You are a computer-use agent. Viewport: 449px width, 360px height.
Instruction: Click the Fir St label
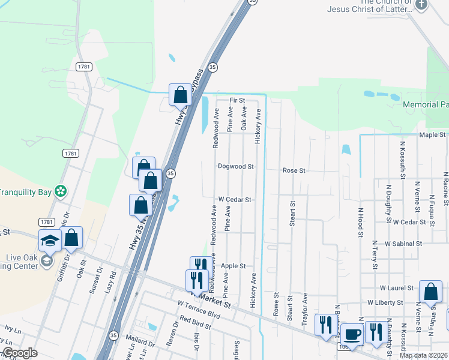coord(238,100)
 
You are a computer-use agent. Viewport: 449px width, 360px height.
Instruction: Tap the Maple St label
coord(432,135)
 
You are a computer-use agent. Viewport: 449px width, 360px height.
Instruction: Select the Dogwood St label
coord(236,166)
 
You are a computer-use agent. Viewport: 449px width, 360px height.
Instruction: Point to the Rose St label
coord(294,170)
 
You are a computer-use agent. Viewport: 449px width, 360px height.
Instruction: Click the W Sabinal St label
coord(404,244)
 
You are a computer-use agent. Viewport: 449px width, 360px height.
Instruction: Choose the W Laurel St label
coord(397,288)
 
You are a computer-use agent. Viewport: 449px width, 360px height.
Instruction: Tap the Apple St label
coord(234,266)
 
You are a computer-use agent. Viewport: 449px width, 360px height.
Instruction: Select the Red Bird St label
coord(193,322)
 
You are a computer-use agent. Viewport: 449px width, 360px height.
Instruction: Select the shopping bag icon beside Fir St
coord(180,95)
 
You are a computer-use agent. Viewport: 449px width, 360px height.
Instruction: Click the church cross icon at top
coord(421,5)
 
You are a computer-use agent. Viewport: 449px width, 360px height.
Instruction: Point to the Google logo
coord(20,353)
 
